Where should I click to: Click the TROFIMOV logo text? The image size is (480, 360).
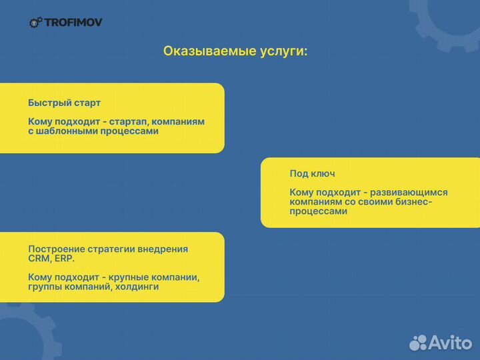[73, 23]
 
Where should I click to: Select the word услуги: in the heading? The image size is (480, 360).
[283, 51]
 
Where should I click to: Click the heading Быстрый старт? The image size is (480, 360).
[64, 103]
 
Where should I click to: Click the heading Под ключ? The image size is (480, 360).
[312, 173]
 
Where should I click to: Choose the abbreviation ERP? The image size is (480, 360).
[65, 258]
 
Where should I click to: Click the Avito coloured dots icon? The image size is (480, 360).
[418, 342]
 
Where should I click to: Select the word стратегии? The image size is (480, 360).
[113, 249]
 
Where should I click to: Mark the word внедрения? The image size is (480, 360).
[165, 249]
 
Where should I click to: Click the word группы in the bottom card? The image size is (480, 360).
[45, 287]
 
